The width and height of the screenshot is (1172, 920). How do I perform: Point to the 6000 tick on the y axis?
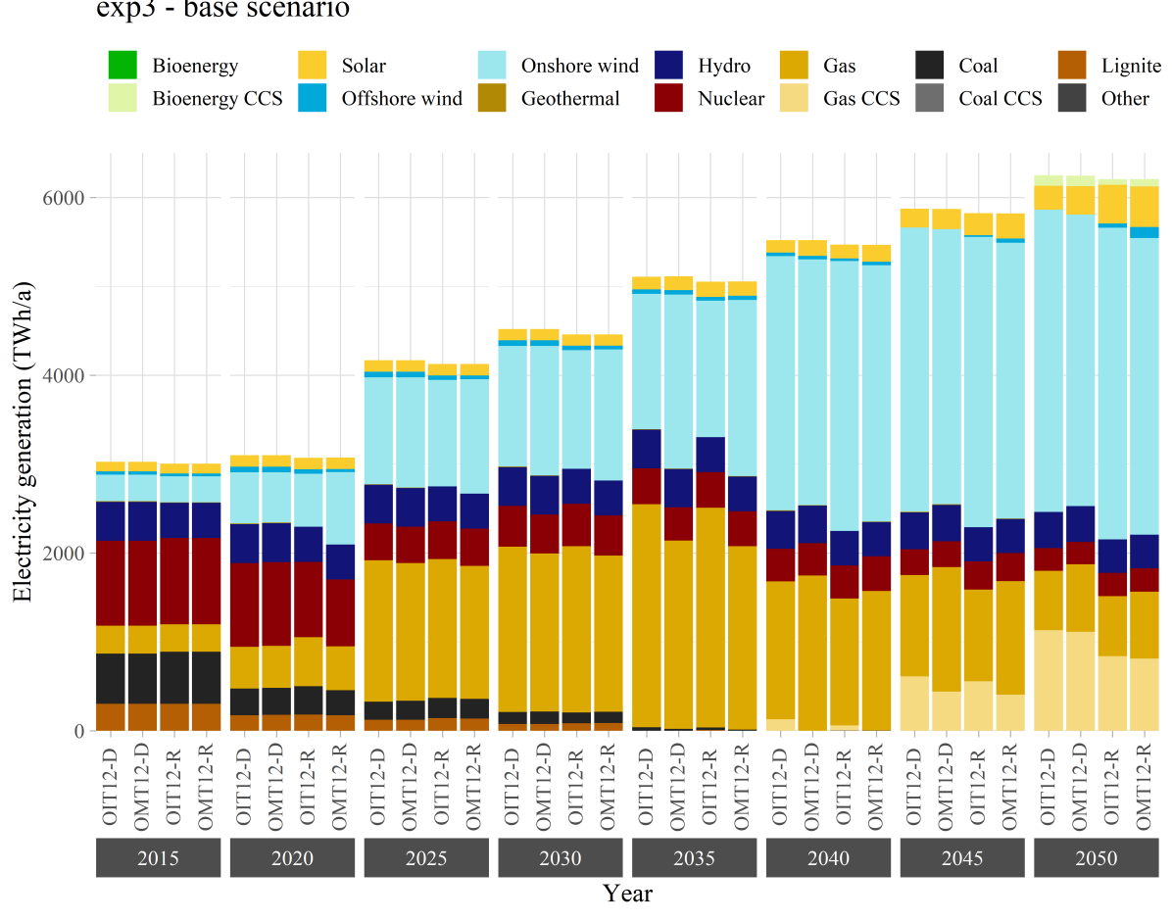click(62, 197)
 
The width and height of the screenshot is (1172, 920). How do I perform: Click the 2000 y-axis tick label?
click(62, 553)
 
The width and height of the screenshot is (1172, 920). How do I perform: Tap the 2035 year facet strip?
click(694, 859)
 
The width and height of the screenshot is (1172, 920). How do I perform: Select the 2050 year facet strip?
click(1097, 859)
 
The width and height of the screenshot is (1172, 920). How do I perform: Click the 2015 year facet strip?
click(158, 859)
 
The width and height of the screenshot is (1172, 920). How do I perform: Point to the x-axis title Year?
click(627, 894)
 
